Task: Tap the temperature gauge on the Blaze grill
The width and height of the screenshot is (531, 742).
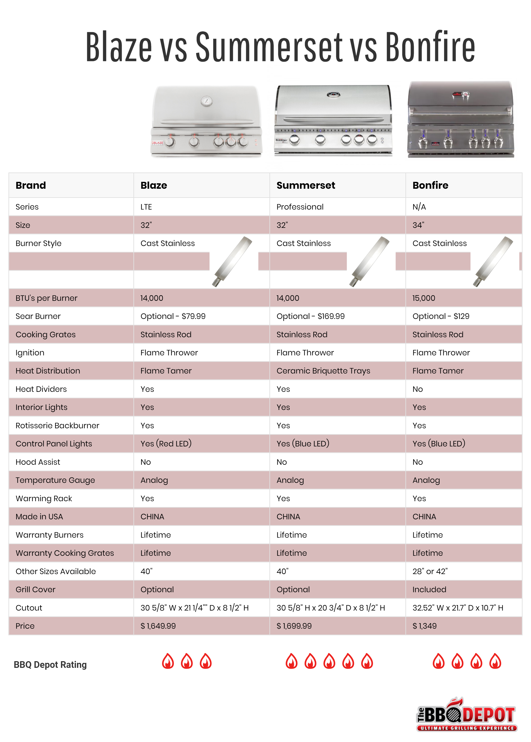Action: coord(206,101)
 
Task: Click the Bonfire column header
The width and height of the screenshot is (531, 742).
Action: coord(430,185)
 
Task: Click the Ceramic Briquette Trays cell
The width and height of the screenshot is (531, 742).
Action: coord(323,371)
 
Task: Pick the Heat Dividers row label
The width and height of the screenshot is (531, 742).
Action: coord(41,389)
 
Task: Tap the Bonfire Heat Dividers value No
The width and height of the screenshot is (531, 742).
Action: coord(418,389)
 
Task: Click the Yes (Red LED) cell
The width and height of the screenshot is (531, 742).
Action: coord(166,443)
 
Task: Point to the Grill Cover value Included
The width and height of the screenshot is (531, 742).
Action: coord(429,589)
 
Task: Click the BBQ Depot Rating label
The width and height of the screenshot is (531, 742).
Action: coord(50,665)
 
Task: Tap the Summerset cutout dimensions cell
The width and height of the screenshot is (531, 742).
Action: coord(330,608)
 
